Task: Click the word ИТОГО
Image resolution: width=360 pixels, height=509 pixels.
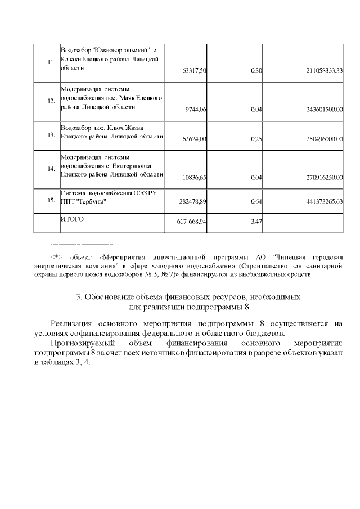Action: click(72, 219)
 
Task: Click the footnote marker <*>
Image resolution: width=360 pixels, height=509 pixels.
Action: click(58, 255)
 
